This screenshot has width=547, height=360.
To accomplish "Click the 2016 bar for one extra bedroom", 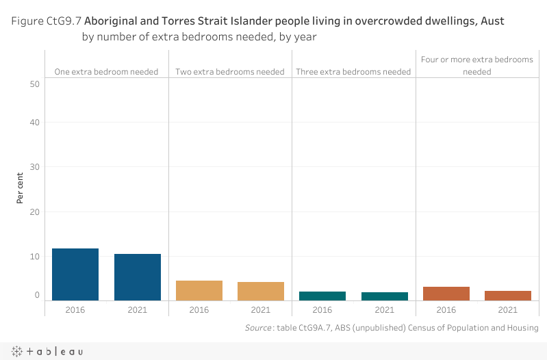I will click(75, 274).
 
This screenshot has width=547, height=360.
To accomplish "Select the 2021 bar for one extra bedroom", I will click(137, 277).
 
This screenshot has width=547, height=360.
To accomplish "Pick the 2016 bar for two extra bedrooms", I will click(199, 290).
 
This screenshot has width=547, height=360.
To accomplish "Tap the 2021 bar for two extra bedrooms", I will click(261, 291).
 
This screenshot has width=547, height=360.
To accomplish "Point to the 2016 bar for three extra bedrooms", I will click(322, 296).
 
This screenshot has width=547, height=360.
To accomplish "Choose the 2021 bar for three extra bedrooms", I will click(385, 296).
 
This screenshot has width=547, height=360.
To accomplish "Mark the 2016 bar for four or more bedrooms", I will click(446, 294).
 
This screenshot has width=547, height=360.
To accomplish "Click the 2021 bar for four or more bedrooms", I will click(508, 296).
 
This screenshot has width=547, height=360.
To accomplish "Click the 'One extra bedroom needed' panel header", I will click(106, 71).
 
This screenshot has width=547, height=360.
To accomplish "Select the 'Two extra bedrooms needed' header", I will click(230, 71).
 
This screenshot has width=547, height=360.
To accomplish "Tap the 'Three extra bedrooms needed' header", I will click(353, 71).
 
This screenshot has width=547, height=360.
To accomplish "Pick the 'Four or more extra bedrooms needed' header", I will click(477, 65).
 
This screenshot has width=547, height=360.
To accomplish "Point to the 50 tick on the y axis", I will click(35, 83).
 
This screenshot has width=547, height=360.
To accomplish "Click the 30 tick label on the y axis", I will click(35, 167).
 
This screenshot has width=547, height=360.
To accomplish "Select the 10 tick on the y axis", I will click(35, 256).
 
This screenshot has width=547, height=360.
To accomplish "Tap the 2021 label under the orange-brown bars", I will click(508, 310).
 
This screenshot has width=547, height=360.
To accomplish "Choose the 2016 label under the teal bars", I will click(322, 310).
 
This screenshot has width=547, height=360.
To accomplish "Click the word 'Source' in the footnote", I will click(257, 329).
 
